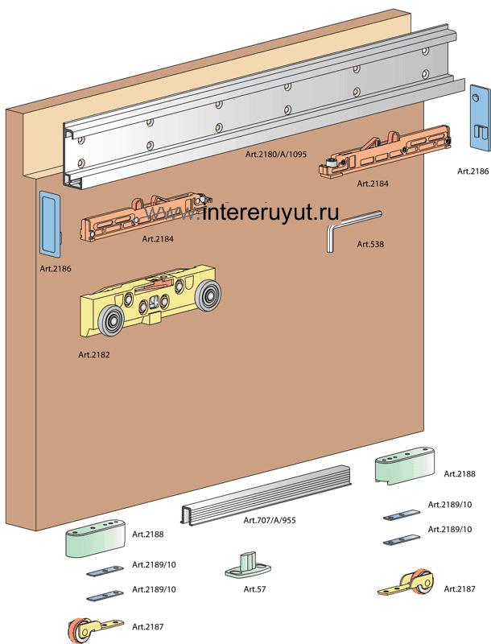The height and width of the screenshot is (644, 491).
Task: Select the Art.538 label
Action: [371, 244]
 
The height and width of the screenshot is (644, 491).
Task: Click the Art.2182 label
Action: [95, 354]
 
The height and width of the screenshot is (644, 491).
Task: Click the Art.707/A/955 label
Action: [270, 520]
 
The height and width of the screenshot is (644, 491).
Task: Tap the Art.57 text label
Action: [254, 588]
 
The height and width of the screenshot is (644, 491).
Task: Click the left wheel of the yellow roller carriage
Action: [109, 324]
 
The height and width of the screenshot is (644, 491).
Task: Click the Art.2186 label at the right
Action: [473, 171]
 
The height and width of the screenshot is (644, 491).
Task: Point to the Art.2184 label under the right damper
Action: [373, 184]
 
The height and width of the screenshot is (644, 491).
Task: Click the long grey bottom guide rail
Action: [266, 494]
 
